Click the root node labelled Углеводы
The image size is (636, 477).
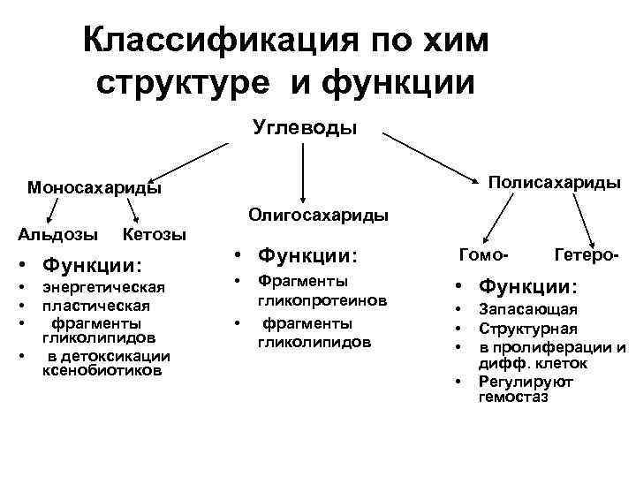tap(305, 128)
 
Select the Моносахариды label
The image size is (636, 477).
tap(94, 187)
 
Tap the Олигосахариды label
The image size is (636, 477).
tap(318, 214)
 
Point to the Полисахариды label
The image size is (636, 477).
tap(555, 182)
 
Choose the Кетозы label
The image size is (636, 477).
tap(155, 234)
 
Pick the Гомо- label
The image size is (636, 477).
tap(483, 255)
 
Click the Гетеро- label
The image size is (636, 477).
tap(586, 255)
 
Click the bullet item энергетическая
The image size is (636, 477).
tap(105, 288)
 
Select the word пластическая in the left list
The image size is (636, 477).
tap(96, 305)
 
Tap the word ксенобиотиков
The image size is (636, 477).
tap(102, 371)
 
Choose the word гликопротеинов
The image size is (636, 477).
tap(322, 300)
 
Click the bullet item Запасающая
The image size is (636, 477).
tap(527, 309)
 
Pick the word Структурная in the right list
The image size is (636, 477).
tap(527, 329)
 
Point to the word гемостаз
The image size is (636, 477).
tap(513, 397)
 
